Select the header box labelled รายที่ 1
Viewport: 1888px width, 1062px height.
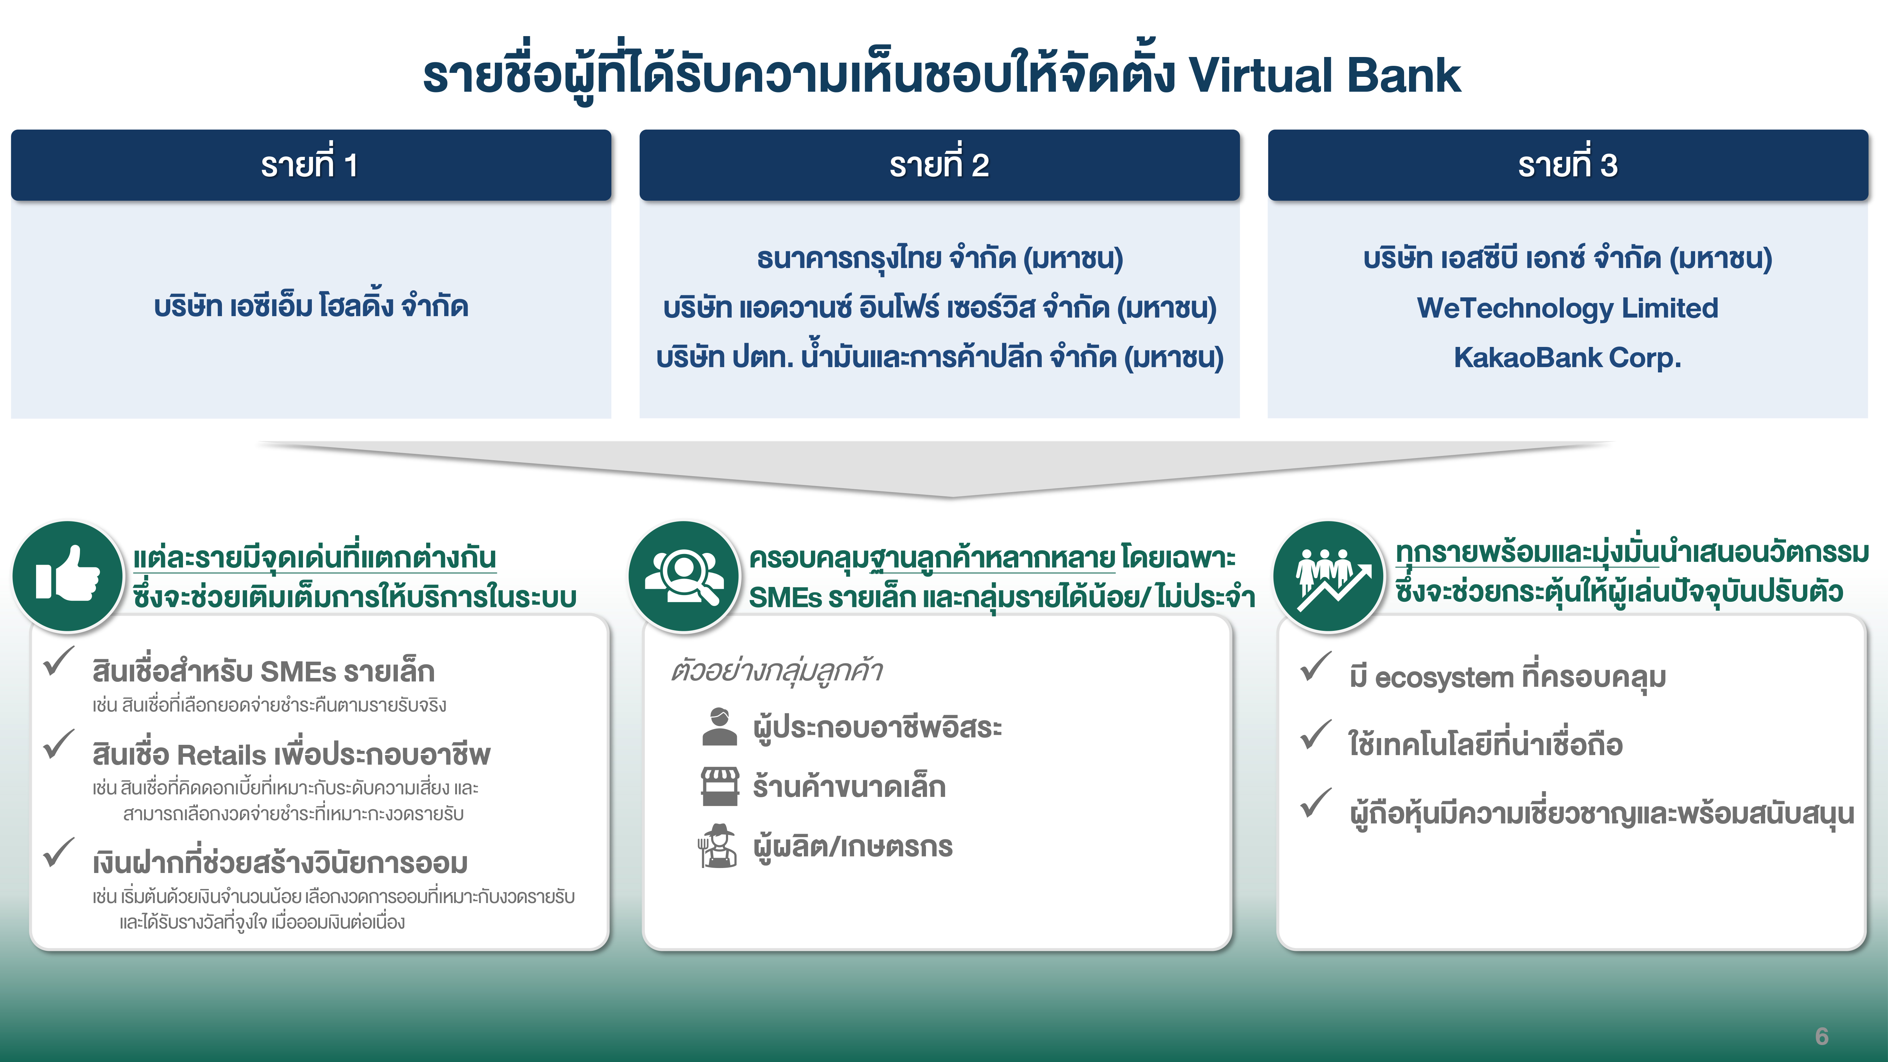(x=311, y=165)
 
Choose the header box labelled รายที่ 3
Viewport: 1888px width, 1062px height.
(x=1568, y=165)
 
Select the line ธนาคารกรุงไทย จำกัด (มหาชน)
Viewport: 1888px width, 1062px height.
(x=940, y=258)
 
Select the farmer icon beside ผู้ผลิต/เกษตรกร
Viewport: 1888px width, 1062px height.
(x=717, y=846)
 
